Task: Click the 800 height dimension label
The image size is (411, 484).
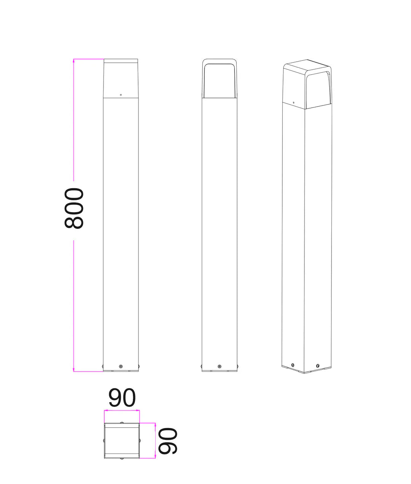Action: coord(74,208)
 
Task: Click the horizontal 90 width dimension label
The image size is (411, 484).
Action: coord(122,398)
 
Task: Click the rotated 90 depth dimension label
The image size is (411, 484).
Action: coord(168,441)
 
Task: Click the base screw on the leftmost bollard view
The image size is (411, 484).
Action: coord(121,366)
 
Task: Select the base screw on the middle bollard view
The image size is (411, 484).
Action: coord(219,366)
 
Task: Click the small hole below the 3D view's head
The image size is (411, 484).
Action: coord(293,102)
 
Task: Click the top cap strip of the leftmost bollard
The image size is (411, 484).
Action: coord(121,61)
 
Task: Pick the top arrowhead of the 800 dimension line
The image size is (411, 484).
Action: coord(74,61)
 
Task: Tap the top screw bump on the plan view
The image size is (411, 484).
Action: coord(122,422)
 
